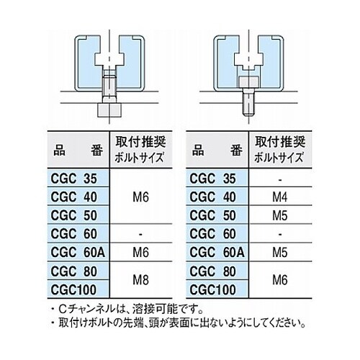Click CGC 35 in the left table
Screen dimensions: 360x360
coord(74,179)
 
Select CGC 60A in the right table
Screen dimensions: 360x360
coord(217,252)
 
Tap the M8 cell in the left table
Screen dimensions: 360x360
coord(140,280)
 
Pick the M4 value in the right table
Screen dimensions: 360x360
coord(280,197)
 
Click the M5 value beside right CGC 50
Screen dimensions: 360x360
coord(280,215)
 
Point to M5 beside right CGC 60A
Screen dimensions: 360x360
coord(280,253)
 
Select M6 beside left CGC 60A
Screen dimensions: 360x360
coord(140,253)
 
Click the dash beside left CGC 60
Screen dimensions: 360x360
coord(140,234)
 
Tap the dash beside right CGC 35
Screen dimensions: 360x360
coord(280,179)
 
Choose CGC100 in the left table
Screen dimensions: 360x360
coord(73,289)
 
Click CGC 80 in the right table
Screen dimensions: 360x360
coord(213,271)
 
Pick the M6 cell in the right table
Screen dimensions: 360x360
coord(280,280)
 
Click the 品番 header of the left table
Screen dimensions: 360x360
coord(78,150)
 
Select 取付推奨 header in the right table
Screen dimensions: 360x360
coord(280,142)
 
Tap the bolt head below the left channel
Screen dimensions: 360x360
coord(109,110)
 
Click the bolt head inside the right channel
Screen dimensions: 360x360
coord(249,81)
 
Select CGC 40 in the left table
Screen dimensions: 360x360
coord(74,197)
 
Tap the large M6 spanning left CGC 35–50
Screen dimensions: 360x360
coord(140,197)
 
